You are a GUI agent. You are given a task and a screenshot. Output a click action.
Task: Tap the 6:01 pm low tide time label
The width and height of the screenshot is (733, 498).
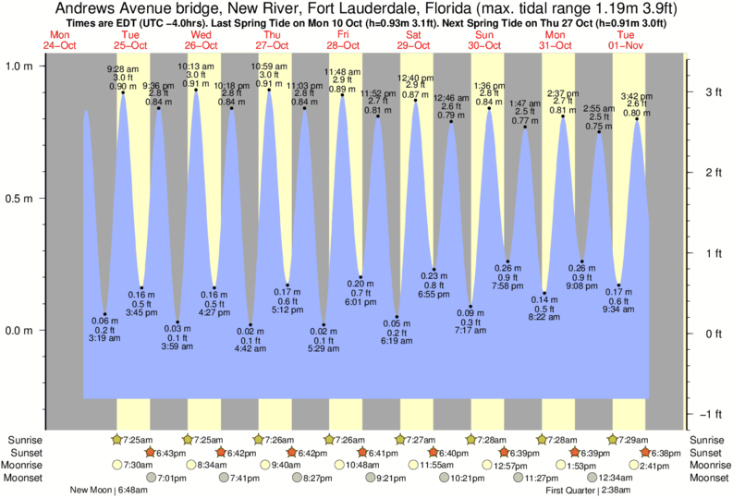click(x=360, y=301)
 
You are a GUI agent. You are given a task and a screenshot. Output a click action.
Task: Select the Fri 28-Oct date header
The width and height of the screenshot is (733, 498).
click(x=343, y=39)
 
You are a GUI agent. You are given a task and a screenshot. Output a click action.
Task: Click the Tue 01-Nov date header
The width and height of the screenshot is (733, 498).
click(x=627, y=39)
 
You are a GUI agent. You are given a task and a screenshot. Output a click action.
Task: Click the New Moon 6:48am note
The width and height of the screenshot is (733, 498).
click(x=110, y=490)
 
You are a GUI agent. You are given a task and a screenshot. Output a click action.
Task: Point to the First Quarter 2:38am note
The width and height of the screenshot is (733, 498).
click(x=589, y=490)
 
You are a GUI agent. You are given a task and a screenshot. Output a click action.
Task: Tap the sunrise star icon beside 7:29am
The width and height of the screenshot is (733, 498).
click(x=614, y=439)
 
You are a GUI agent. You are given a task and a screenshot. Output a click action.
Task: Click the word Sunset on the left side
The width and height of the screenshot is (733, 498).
click(x=24, y=452)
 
